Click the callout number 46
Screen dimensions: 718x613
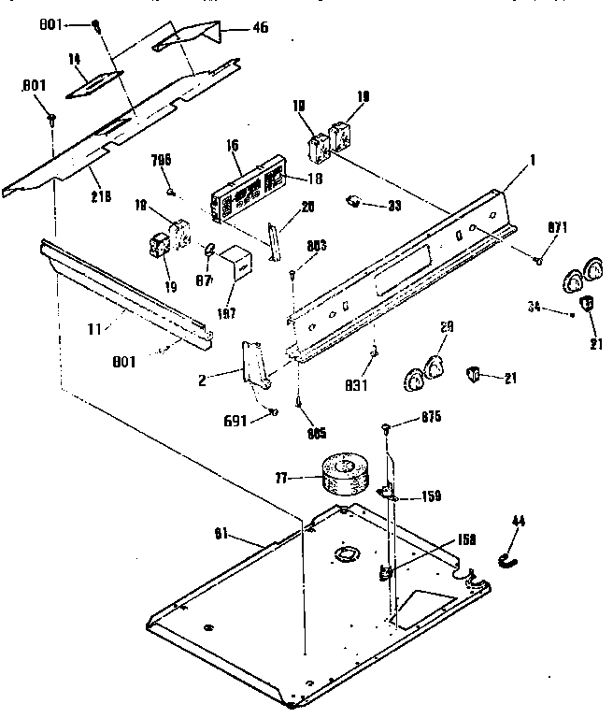click(x=260, y=27)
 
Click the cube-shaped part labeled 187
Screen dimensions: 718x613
click(x=241, y=265)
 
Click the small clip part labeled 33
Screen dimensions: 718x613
click(x=356, y=201)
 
